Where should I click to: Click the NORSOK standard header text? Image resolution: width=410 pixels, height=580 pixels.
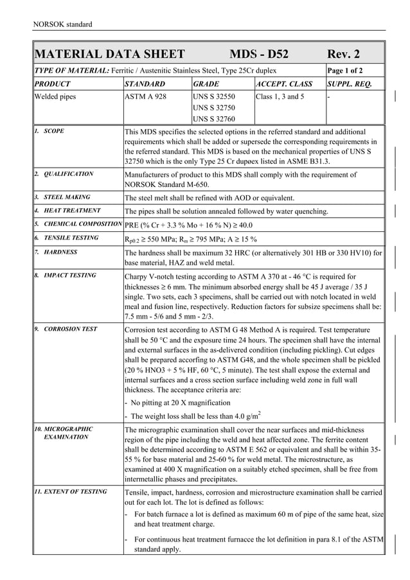click(x=62, y=24)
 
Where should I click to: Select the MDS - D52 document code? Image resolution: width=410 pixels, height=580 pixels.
click(x=259, y=54)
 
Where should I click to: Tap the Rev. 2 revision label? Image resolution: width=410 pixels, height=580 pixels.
click(x=344, y=54)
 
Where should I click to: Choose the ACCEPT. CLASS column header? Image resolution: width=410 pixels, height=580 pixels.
click(x=284, y=85)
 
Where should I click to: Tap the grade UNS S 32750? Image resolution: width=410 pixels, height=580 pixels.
click(x=214, y=109)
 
